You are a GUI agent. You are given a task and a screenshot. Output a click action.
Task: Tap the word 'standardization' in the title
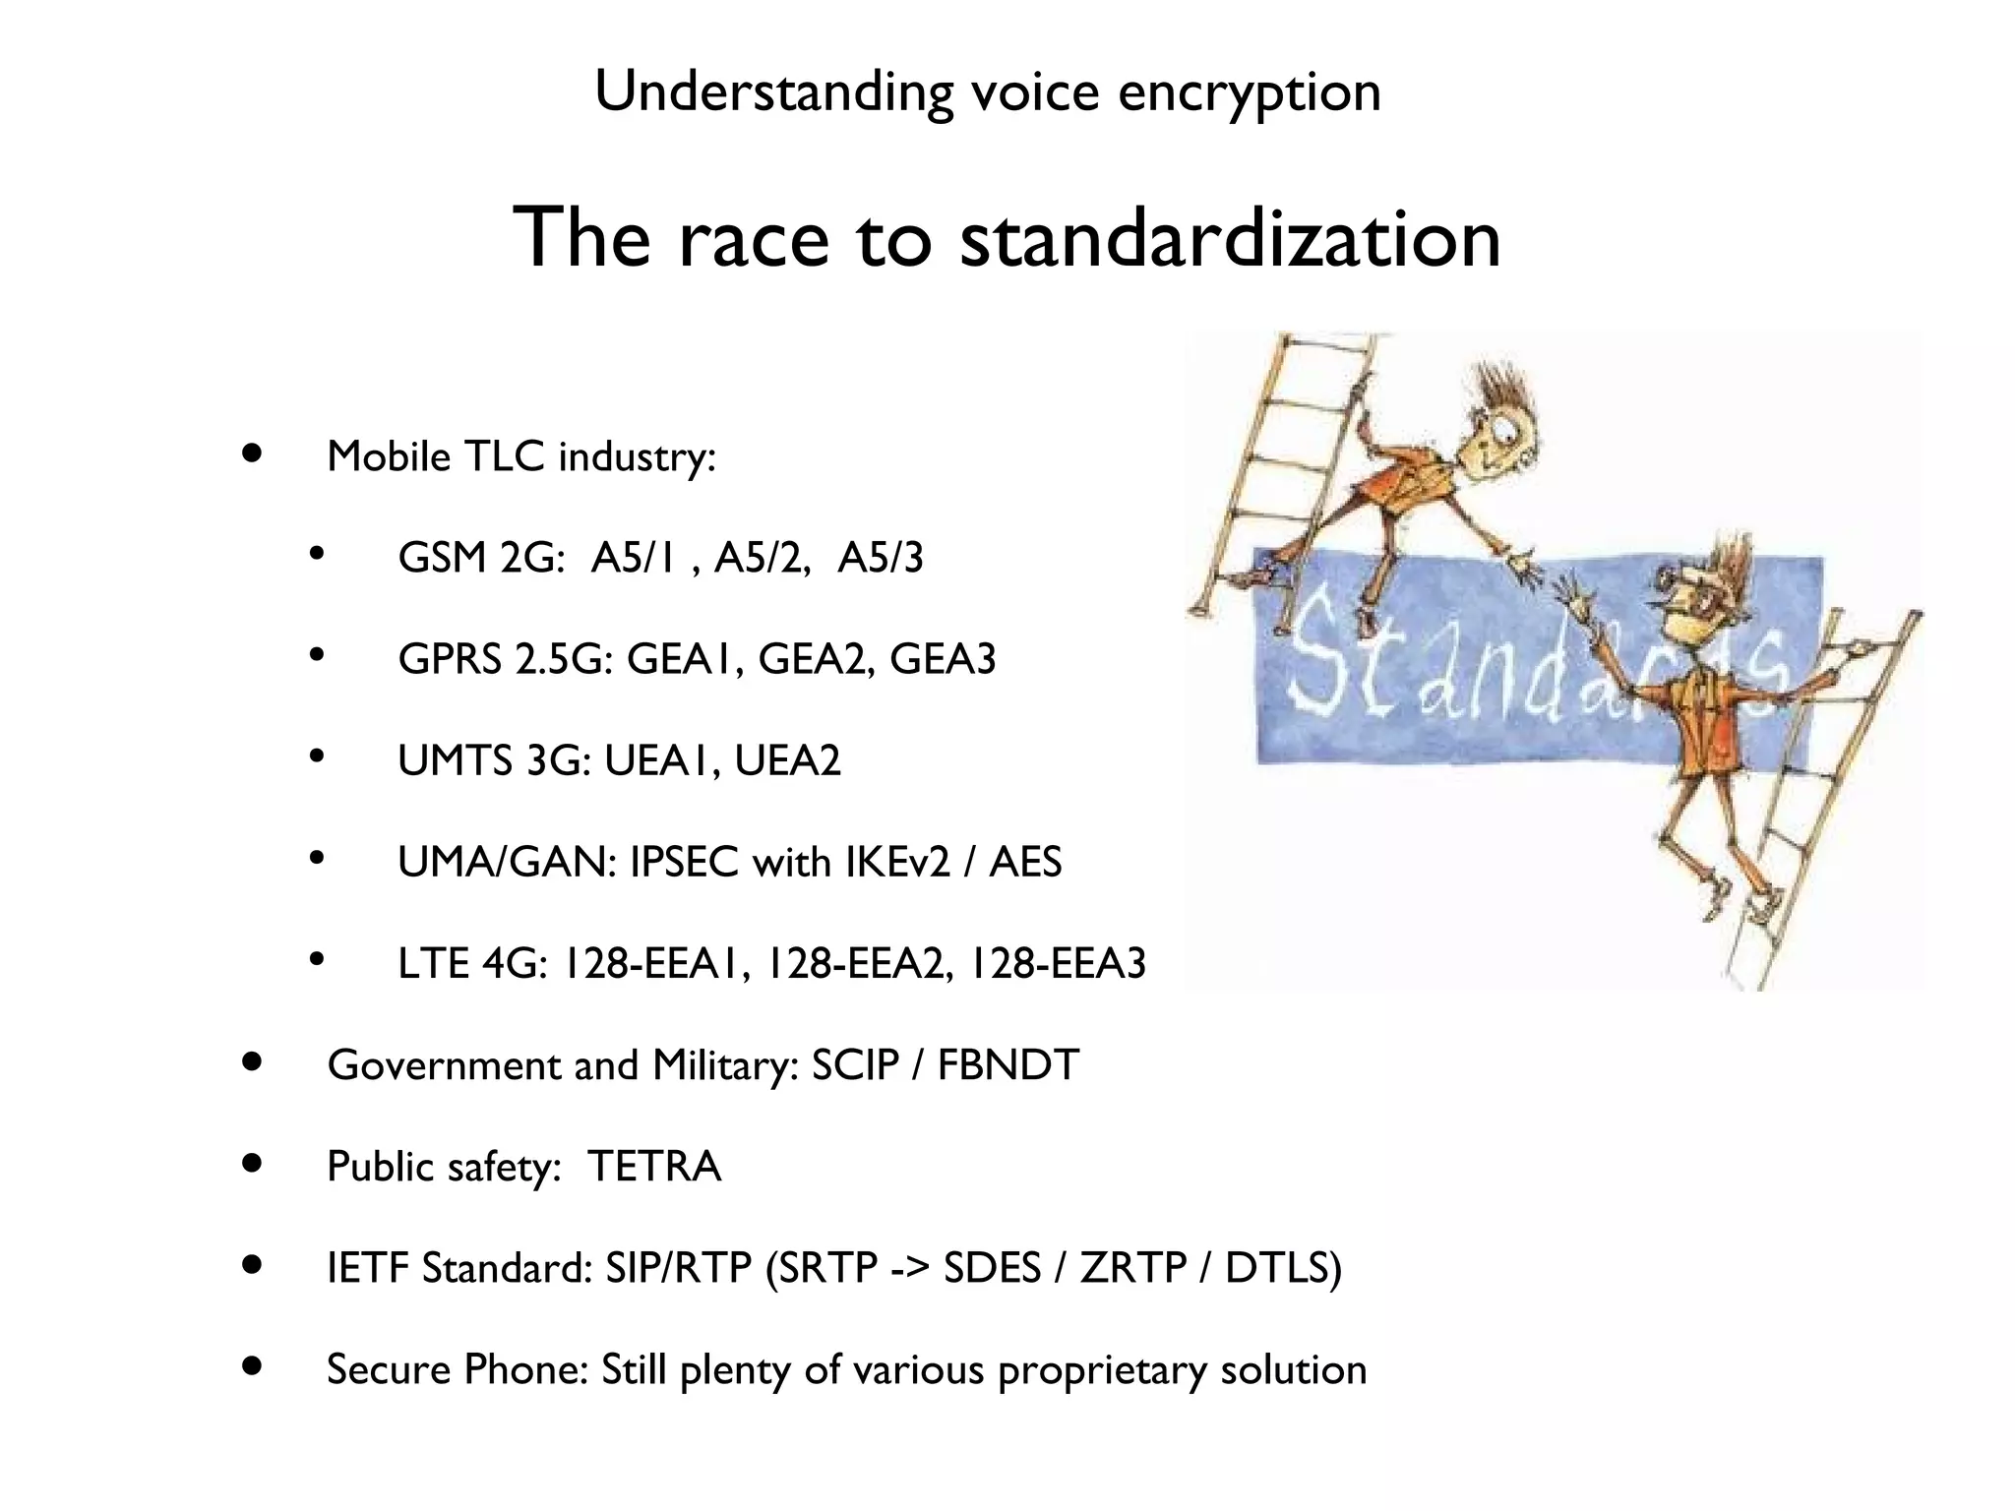(1230, 238)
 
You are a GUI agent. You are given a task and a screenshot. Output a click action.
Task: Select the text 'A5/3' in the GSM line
(881, 558)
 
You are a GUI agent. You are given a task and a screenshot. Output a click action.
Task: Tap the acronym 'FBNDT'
(1007, 1065)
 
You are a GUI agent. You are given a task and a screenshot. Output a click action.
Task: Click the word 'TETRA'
(654, 1167)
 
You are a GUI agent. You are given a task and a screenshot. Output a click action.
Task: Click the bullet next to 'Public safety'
(253, 1165)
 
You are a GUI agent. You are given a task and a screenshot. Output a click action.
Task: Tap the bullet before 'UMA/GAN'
(316, 859)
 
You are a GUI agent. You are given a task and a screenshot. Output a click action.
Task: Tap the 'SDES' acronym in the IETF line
(992, 1268)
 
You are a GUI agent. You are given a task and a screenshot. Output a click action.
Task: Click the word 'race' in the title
(754, 238)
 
